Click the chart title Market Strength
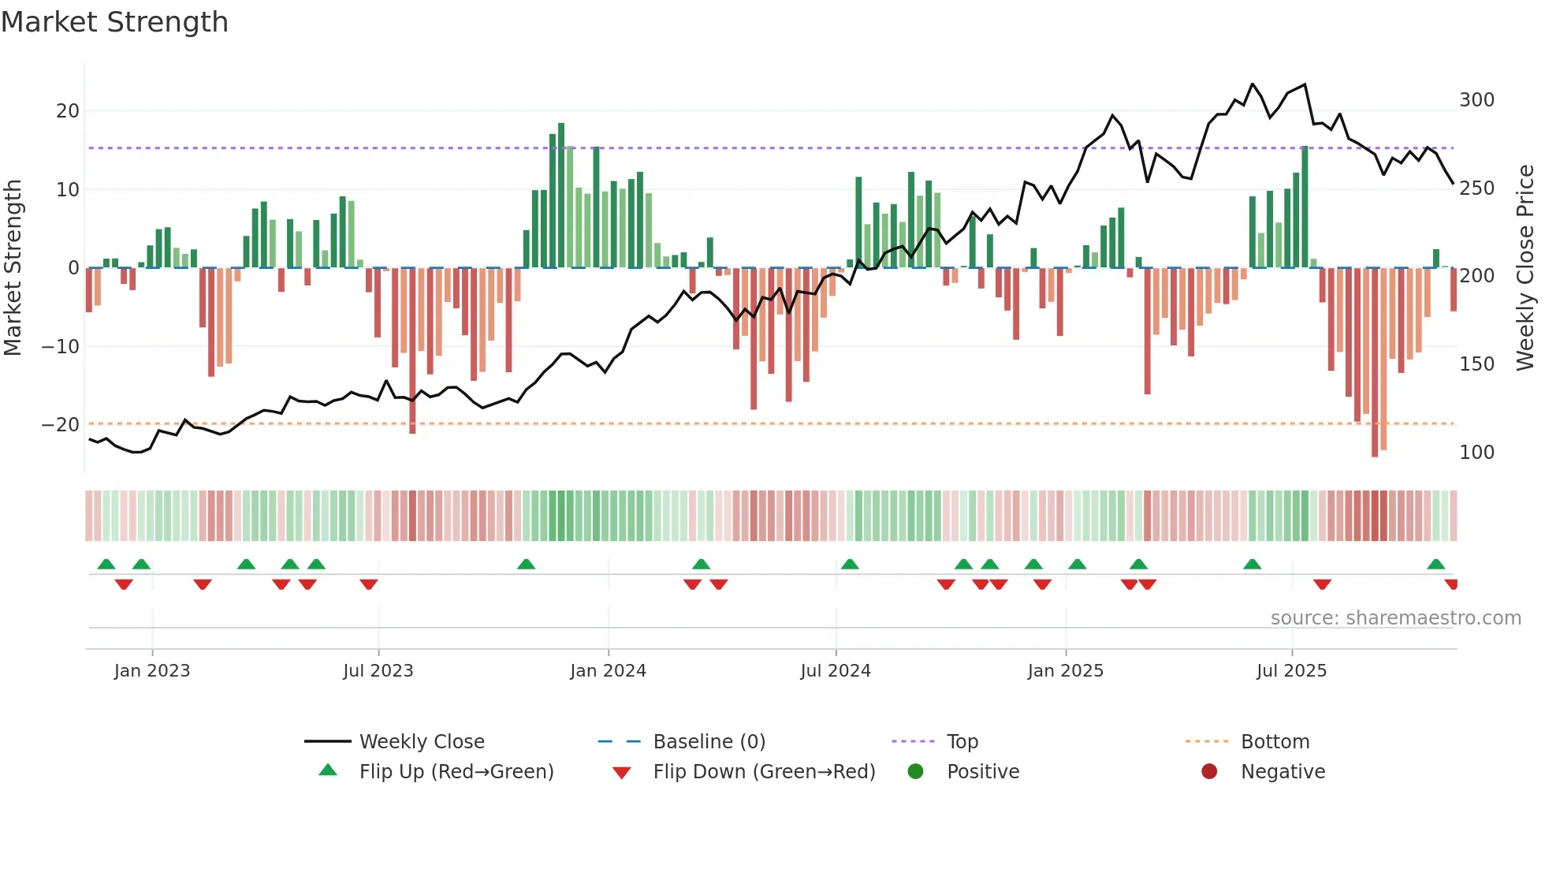tap(115, 22)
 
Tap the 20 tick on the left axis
tap(68, 111)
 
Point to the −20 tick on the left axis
tap(61, 425)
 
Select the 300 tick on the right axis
tap(1476, 100)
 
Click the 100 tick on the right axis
tap(1476, 453)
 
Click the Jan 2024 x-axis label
tap(608, 671)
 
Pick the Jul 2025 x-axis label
tap(1291, 671)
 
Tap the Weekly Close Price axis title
tap(1525, 268)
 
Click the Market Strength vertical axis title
tap(13, 268)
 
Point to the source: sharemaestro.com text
tap(1395, 618)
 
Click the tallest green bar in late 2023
tap(561, 196)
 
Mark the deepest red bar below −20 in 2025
tap(1375, 363)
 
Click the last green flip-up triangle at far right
tap(1435, 565)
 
